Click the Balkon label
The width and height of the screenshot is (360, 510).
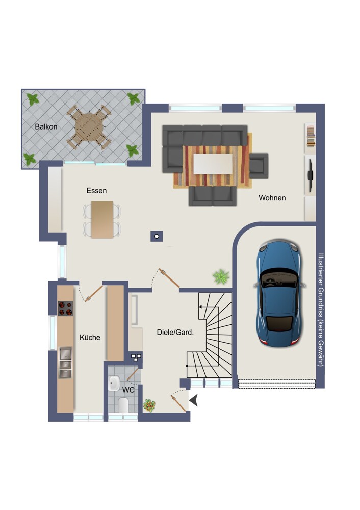[x=46, y=127]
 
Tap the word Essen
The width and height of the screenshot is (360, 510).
[x=96, y=191]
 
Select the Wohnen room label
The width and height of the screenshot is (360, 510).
[x=272, y=198]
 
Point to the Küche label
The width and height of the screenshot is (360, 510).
[x=90, y=337]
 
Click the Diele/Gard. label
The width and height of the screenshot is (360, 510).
[x=175, y=333]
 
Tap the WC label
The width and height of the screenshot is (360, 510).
[x=128, y=390]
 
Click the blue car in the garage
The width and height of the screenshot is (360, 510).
[x=279, y=294]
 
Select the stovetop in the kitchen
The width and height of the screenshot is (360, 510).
[x=65, y=309]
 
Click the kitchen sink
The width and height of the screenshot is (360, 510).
[x=65, y=363]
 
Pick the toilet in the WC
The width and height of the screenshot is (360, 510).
[x=123, y=404]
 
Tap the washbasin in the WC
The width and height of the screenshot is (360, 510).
[x=114, y=383]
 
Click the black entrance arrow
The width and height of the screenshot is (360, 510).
[x=194, y=400]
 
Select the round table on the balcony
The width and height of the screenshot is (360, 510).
[x=89, y=127]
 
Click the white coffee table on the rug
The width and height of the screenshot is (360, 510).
[x=213, y=164]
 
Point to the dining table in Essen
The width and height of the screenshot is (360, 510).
[x=102, y=219]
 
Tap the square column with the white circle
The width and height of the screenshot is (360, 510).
[x=157, y=236]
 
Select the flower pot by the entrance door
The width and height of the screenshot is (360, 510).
[x=149, y=405]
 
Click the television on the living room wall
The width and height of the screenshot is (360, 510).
[x=310, y=175]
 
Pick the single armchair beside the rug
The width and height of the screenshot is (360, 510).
[x=259, y=166]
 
